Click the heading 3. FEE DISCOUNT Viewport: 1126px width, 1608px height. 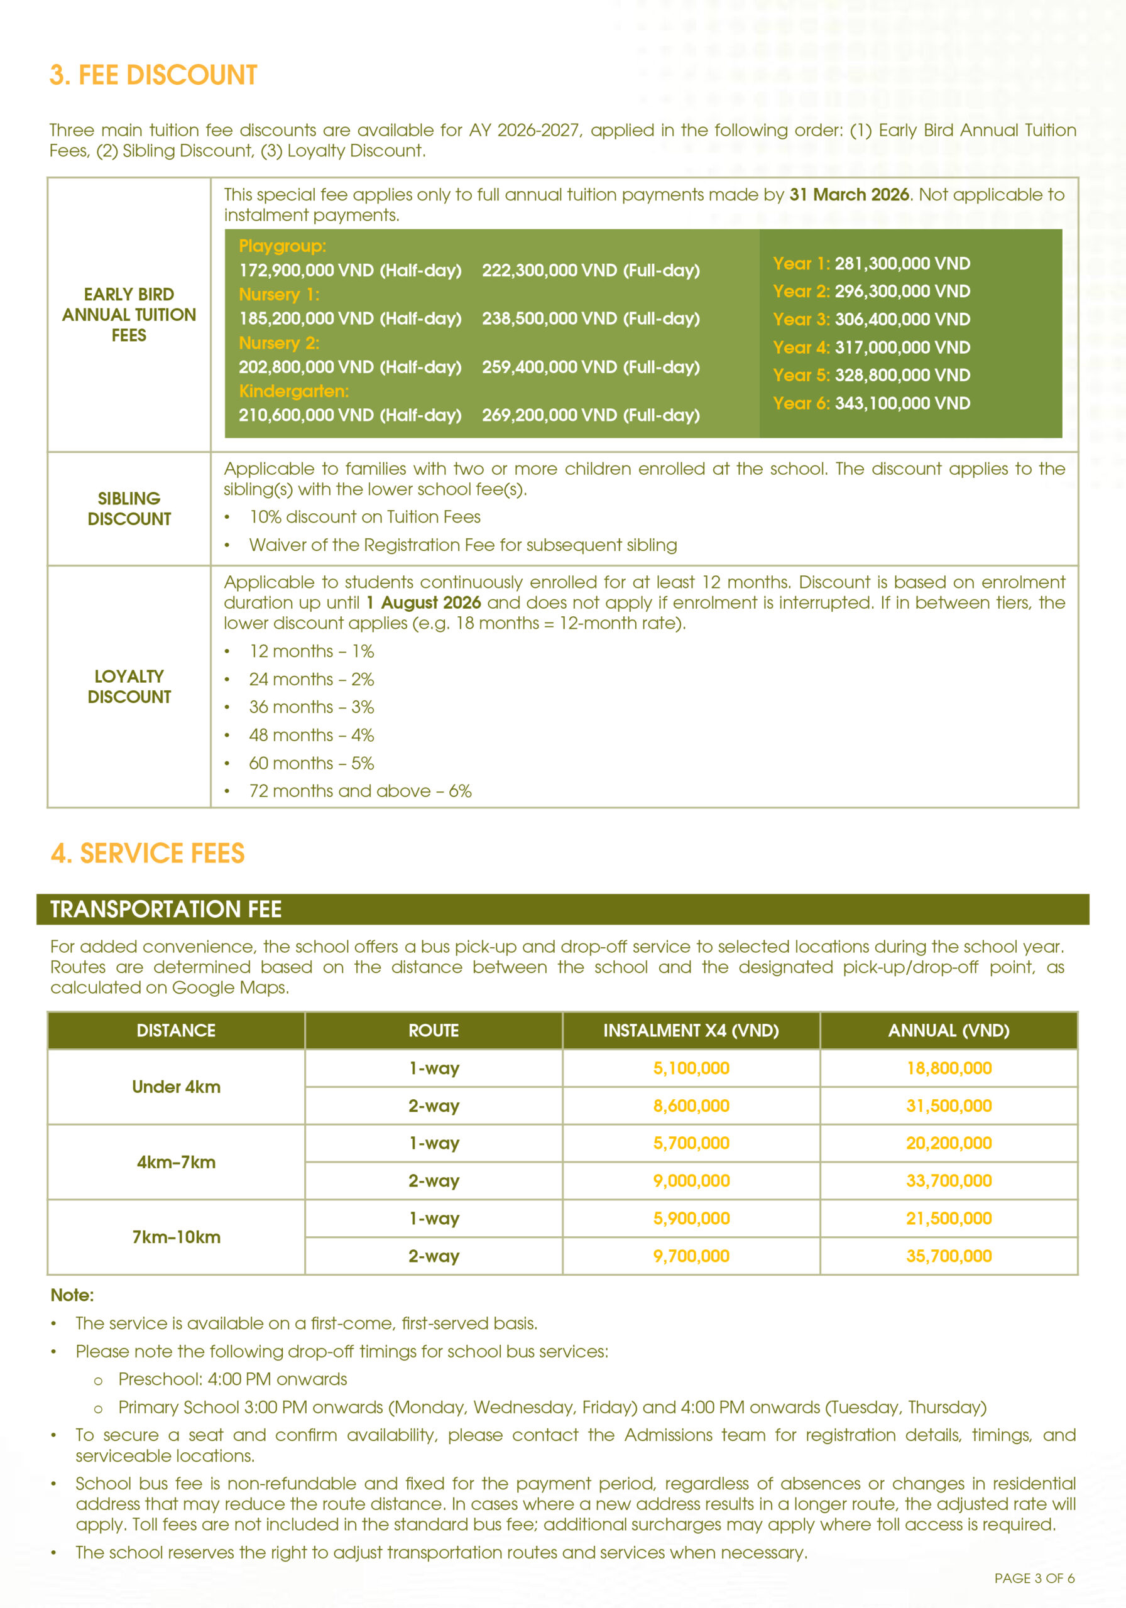point(153,75)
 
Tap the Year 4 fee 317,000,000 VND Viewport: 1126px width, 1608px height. point(902,347)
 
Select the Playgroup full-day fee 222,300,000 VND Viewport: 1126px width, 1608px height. point(590,270)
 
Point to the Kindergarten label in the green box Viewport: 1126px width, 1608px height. point(293,391)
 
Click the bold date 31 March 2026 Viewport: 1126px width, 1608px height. point(848,195)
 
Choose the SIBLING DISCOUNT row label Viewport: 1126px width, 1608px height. point(129,508)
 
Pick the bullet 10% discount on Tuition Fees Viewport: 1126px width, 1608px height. point(364,517)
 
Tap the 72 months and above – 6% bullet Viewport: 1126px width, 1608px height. point(360,791)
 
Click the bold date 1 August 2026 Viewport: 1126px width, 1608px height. point(424,602)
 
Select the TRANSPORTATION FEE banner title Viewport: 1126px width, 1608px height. point(166,909)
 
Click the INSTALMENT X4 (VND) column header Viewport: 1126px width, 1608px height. point(691,1030)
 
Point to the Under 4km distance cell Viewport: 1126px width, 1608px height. point(176,1086)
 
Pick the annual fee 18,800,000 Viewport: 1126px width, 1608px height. point(949,1068)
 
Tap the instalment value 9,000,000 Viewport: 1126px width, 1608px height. point(691,1181)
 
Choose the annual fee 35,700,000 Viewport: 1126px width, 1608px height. point(949,1256)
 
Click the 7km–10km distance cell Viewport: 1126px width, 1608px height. point(176,1237)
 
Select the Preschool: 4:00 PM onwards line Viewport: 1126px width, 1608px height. point(232,1379)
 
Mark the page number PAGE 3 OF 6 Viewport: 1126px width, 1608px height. point(1034,1578)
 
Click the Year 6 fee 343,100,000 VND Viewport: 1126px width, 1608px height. point(902,403)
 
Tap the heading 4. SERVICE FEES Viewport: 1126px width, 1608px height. point(148,853)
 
